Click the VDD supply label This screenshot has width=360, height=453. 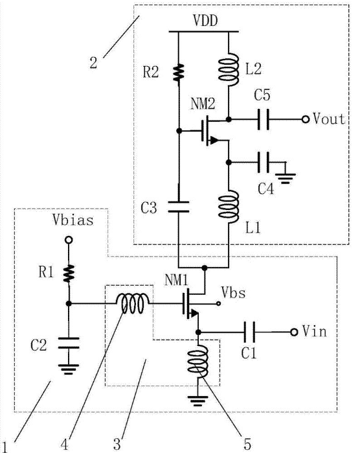(205, 21)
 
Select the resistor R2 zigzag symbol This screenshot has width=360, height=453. (179, 72)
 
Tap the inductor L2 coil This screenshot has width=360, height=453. (229, 69)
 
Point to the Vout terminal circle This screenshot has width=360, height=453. (306, 119)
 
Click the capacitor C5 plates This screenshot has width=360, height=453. (264, 119)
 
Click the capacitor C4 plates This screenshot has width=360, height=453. (264, 163)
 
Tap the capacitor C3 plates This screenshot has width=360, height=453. (179, 207)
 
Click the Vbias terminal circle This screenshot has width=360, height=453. (69, 240)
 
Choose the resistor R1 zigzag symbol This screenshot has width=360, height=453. (69, 273)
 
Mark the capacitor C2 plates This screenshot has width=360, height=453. (69, 343)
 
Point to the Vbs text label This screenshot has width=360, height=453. (233, 292)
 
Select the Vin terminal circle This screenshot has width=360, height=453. (294, 332)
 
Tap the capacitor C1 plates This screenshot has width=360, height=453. (249, 332)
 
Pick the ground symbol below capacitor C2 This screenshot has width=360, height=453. (69, 369)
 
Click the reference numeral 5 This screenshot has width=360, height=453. (247, 444)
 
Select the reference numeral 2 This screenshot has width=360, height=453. (93, 63)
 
